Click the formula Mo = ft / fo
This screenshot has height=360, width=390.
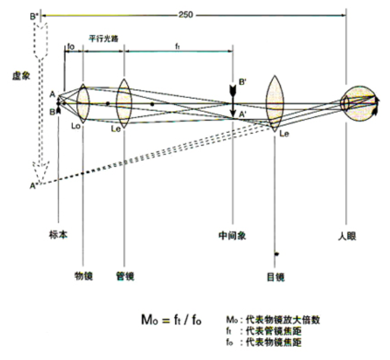pyautogui.click(x=170, y=321)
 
